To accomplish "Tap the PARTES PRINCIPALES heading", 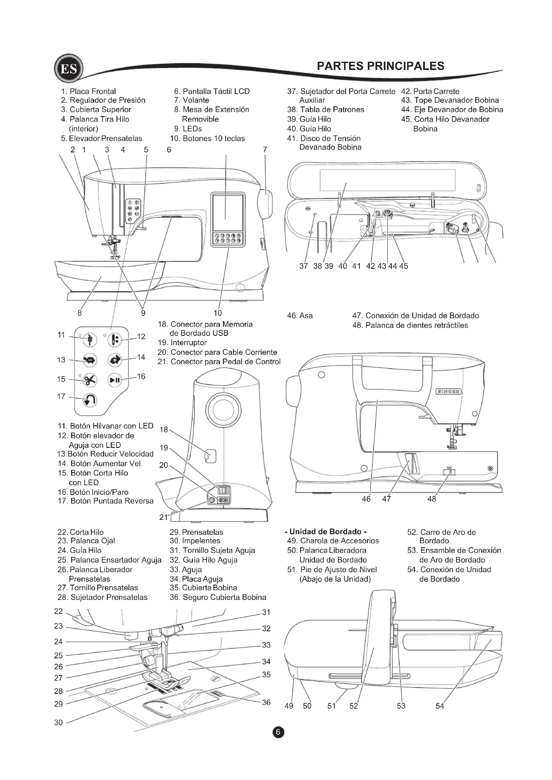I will pyautogui.click(x=380, y=66).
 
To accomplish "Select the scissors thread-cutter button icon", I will pyautogui.click(x=90, y=380).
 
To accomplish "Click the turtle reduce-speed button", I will pyautogui.click(x=90, y=360).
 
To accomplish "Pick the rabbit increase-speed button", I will pyautogui.click(x=114, y=360).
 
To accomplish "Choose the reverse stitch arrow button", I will pyautogui.click(x=90, y=400).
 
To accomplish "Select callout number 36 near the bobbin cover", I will pyautogui.click(x=266, y=703).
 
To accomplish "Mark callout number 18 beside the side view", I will pyautogui.click(x=164, y=430).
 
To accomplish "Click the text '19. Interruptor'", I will pyautogui.click(x=182, y=342).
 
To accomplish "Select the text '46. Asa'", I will pyautogui.click(x=299, y=315).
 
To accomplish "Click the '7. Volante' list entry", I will pyautogui.click(x=191, y=100).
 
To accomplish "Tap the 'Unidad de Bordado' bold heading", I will pyautogui.click(x=326, y=532).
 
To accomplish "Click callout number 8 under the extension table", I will pyautogui.click(x=79, y=313).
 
